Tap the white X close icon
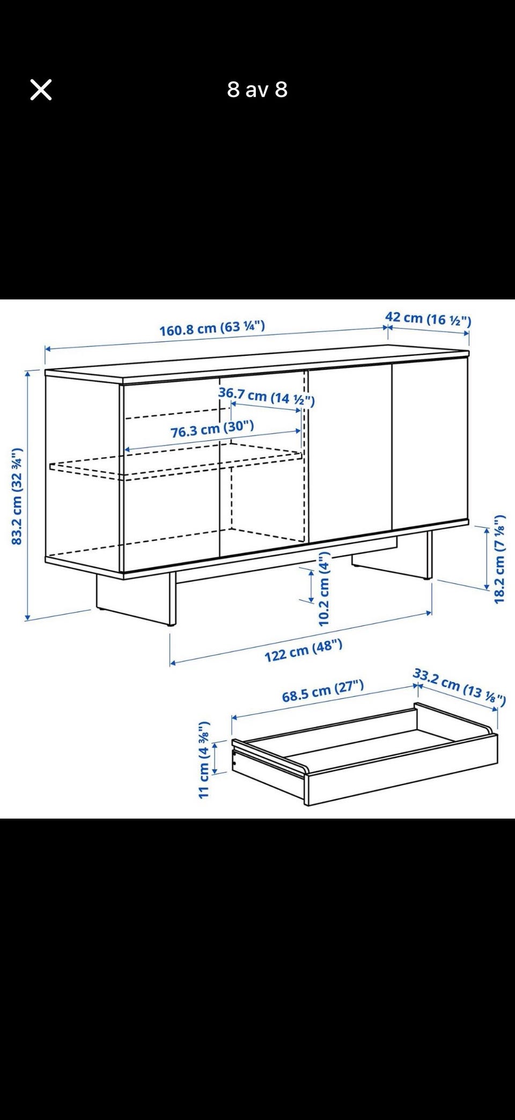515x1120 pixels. [x=41, y=90]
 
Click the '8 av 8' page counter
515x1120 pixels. [x=257, y=90]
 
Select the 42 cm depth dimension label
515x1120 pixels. [x=428, y=319]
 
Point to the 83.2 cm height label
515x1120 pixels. [x=17, y=496]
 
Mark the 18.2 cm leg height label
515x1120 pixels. [x=499, y=559]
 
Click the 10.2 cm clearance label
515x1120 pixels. [x=324, y=589]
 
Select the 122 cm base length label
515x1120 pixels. [x=303, y=650]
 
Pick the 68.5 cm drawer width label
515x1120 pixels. [x=323, y=691]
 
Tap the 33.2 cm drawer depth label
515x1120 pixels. [x=459, y=686]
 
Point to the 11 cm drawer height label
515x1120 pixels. [x=203, y=759]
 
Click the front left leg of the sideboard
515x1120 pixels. [x=172, y=598]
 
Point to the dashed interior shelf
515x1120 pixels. [x=177, y=462]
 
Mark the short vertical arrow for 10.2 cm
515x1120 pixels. [x=311, y=586]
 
